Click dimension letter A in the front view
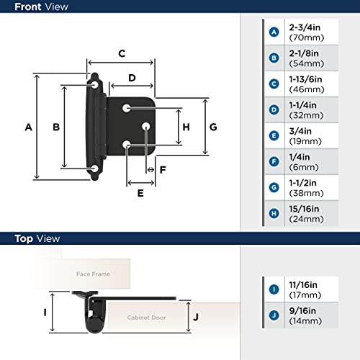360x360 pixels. pyautogui.click(x=28, y=127)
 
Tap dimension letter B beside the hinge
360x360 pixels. pyautogui.click(x=55, y=127)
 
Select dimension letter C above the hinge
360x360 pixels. pyautogui.click(x=122, y=53)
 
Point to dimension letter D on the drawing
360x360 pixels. pyautogui.click(x=132, y=78)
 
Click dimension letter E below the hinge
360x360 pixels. pyautogui.click(x=140, y=192)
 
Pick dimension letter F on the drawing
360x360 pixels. pyautogui.click(x=163, y=171)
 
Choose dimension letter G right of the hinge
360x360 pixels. pyautogui.click(x=213, y=127)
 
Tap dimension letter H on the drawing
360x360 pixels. pyautogui.click(x=186, y=127)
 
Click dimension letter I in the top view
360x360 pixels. pyautogui.click(x=45, y=312)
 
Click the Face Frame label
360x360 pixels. pyautogui.click(x=93, y=274)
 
